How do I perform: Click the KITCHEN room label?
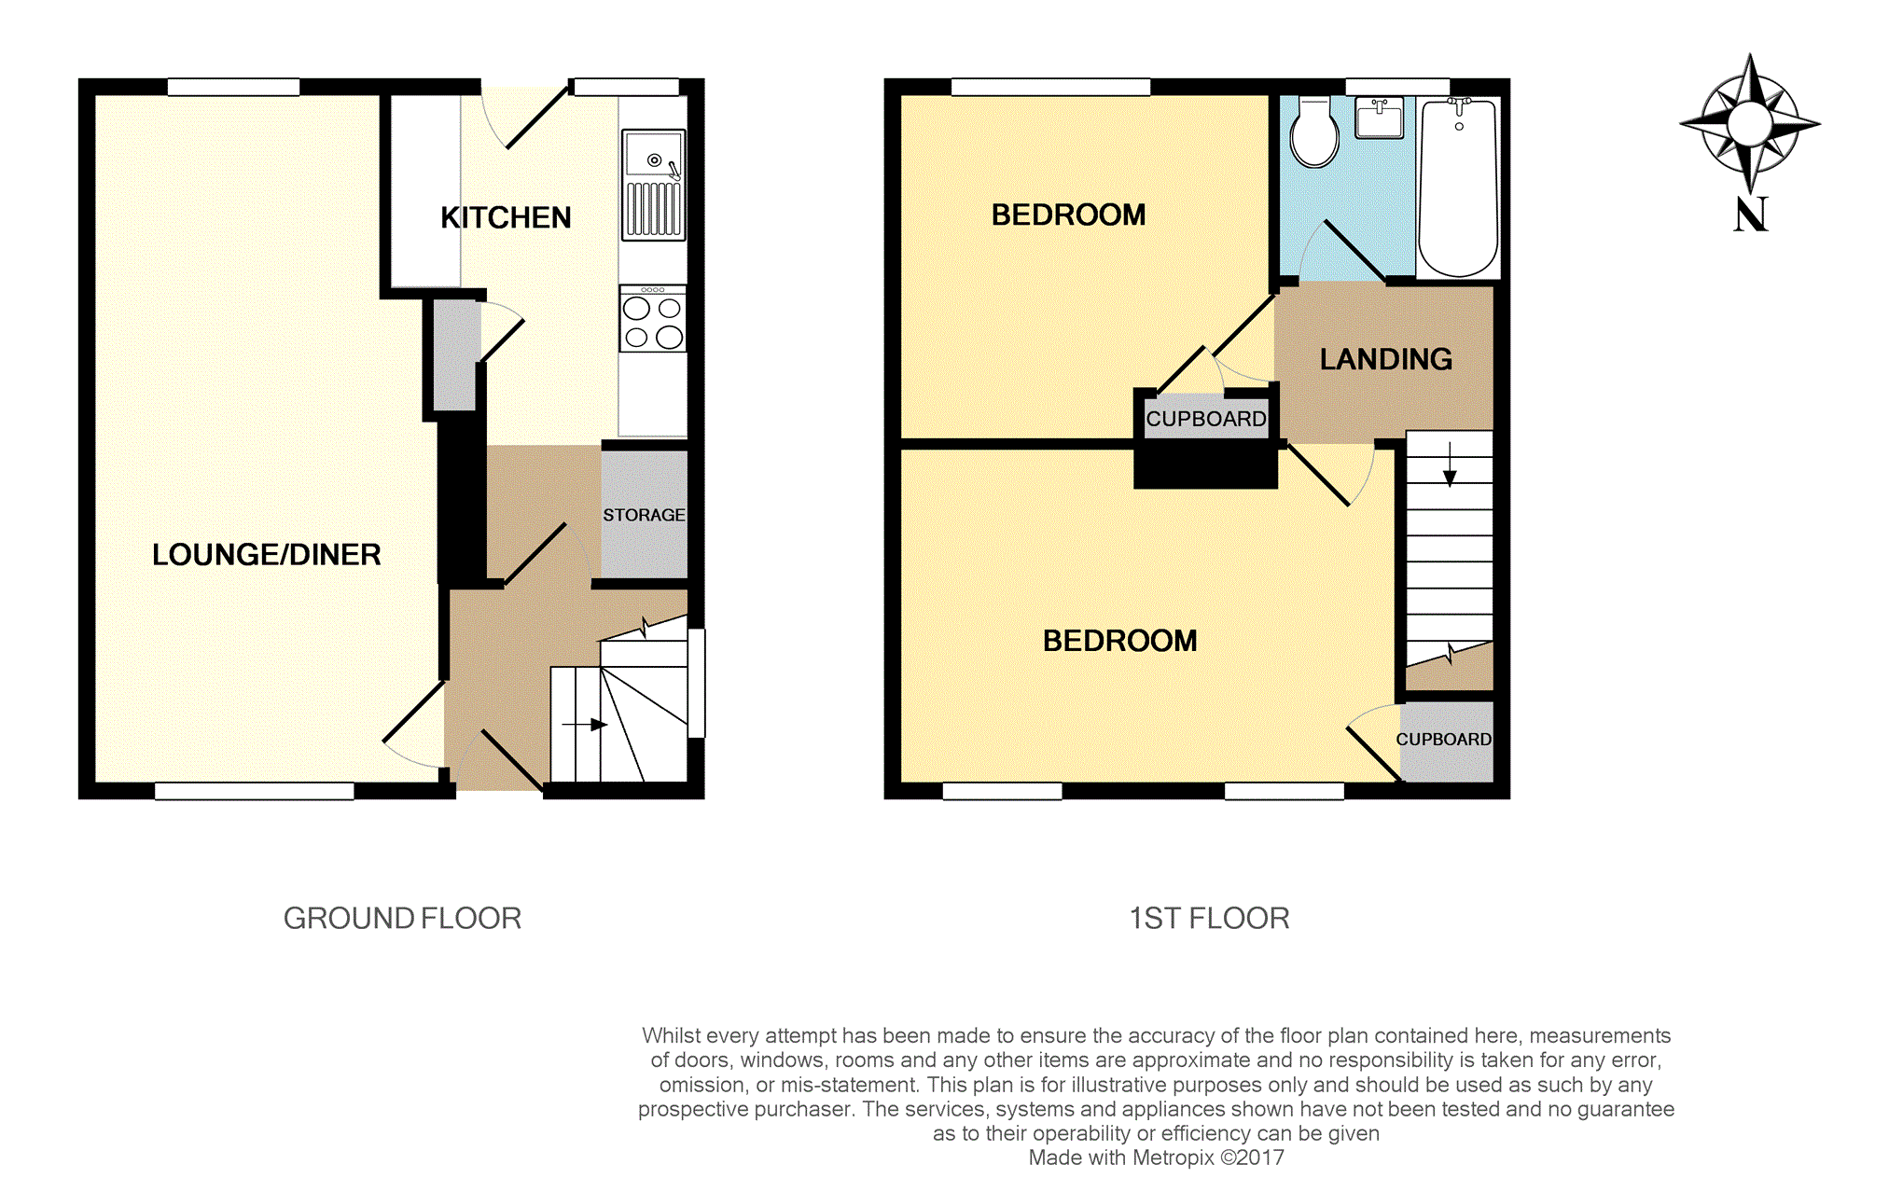pyautogui.click(x=506, y=218)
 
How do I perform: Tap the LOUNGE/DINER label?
pyautogui.click(x=267, y=555)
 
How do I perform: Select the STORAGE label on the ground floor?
pyautogui.click(x=644, y=515)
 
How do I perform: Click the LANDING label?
pyautogui.click(x=1386, y=359)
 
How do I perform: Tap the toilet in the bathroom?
pyautogui.click(x=1314, y=132)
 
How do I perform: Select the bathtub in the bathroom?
pyautogui.click(x=1458, y=187)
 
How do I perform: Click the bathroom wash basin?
pyautogui.click(x=1380, y=118)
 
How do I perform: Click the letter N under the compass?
pyautogui.click(x=1751, y=215)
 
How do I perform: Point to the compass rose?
pyautogui.click(x=1750, y=123)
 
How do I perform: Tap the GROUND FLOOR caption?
pyautogui.click(x=402, y=919)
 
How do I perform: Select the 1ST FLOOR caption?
pyautogui.click(x=1210, y=919)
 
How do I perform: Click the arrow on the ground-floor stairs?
pyautogui.click(x=585, y=725)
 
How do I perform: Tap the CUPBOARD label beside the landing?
pyautogui.click(x=1206, y=419)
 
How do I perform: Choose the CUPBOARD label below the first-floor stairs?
pyautogui.click(x=1444, y=740)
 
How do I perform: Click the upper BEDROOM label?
pyautogui.click(x=1069, y=215)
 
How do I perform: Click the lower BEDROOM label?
pyautogui.click(x=1120, y=641)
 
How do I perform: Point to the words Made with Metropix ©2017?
pyautogui.click(x=1157, y=1158)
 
